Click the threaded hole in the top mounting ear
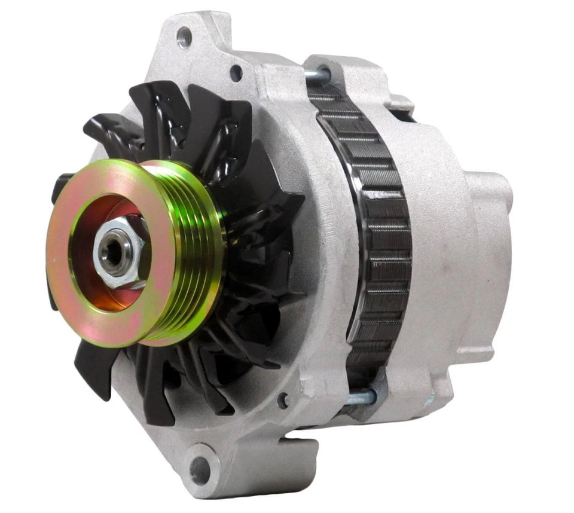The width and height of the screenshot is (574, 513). pyautogui.click(x=185, y=38)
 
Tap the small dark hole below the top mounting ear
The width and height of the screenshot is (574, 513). pyautogui.click(x=236, y=73)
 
